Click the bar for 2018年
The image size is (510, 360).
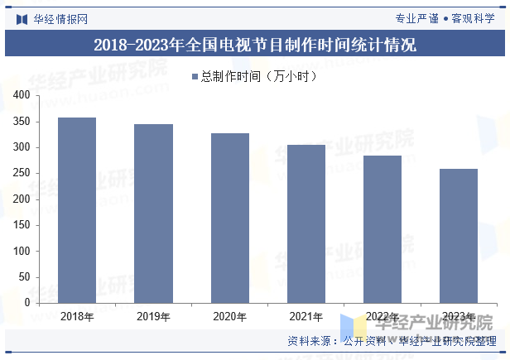77,210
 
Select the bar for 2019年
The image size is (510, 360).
153,214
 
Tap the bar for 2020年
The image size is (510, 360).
229,218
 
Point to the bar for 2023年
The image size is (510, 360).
458,236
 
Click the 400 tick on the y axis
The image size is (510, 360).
22,96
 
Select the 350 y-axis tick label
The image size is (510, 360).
22,122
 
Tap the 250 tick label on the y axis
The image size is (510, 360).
22,173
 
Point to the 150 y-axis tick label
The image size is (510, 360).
22,225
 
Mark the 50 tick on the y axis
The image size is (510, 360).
24,276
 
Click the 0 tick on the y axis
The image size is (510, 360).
27,303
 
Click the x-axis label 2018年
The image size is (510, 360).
77,316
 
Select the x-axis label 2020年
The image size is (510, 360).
229,316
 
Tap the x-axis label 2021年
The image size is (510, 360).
306,316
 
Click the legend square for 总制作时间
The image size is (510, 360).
195,76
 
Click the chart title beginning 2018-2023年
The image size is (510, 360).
255,45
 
